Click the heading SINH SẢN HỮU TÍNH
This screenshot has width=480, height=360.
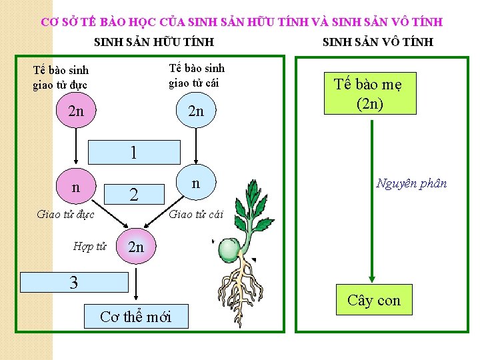[154, 42]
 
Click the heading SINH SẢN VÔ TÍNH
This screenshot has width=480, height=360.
[378, 42]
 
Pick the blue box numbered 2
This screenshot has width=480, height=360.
[134, 194]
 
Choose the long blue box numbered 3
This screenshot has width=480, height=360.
[74, 282]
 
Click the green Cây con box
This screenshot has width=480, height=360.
[374, 300]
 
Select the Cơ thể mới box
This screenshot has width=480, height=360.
[135, 316]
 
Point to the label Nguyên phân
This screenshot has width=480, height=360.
[411, 183]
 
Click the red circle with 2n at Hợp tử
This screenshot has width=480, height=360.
[135, 247]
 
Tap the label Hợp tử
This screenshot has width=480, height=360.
[90, 247]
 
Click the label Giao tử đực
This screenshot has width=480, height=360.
[65, 214]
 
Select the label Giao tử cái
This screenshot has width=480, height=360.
[197, 214]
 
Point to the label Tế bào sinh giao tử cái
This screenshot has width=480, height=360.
[197, 75]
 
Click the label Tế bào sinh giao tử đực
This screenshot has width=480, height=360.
[61, 77]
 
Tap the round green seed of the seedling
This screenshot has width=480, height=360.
[229, 249]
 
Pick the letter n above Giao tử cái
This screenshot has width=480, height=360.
[195, 183]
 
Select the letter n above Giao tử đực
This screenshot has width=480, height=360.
[75, 187]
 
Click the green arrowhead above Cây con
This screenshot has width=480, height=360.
[371, 279]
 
